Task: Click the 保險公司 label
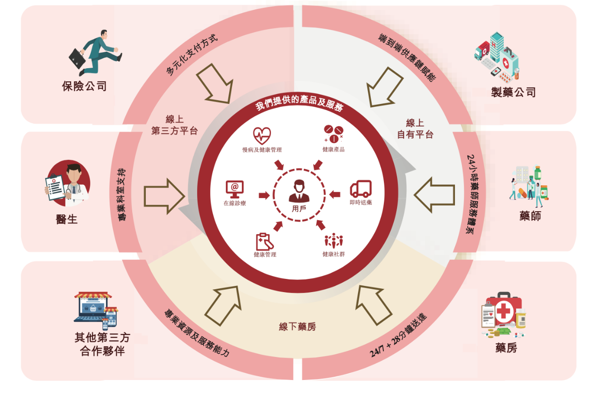84,86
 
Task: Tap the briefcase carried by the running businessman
77,58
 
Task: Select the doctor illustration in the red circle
68,183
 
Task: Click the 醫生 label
67,219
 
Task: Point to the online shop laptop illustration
96,310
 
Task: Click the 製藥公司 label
513,92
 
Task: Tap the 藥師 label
530,216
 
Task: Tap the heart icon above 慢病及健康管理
262,135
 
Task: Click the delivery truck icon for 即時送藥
360,189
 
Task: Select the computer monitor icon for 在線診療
235,189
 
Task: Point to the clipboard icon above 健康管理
264,242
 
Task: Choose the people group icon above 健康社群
334,241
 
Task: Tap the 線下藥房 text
297,326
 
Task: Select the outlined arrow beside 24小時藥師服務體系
434,195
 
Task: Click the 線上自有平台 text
415,129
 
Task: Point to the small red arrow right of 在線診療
264,195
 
